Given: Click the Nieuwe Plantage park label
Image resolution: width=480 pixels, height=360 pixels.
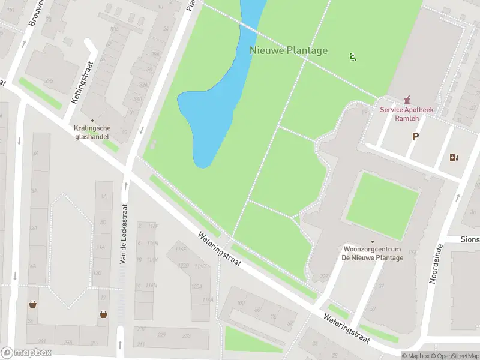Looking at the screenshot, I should [x=289, y=50].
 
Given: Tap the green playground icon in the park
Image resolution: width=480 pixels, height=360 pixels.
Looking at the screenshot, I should [x=352, y=58].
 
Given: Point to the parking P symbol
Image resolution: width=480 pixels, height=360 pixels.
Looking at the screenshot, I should [x=415, y=137].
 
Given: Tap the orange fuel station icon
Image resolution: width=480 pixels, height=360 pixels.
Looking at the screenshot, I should [x=454, y=158].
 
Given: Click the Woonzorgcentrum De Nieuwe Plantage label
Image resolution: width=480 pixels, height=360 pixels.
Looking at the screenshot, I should [x=372, y=253].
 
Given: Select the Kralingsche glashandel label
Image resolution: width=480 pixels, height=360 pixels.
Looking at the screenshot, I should [x=92, y=132].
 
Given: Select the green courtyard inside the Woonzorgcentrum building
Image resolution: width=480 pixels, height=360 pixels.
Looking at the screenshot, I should [x=382, y=199].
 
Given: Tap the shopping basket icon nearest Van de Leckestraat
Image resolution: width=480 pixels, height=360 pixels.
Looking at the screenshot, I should [x=104, y=313].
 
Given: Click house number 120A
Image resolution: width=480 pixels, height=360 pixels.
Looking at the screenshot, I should [x=197, y=287].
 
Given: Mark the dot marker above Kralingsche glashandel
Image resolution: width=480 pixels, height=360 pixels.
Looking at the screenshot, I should [x=92, y=120].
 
